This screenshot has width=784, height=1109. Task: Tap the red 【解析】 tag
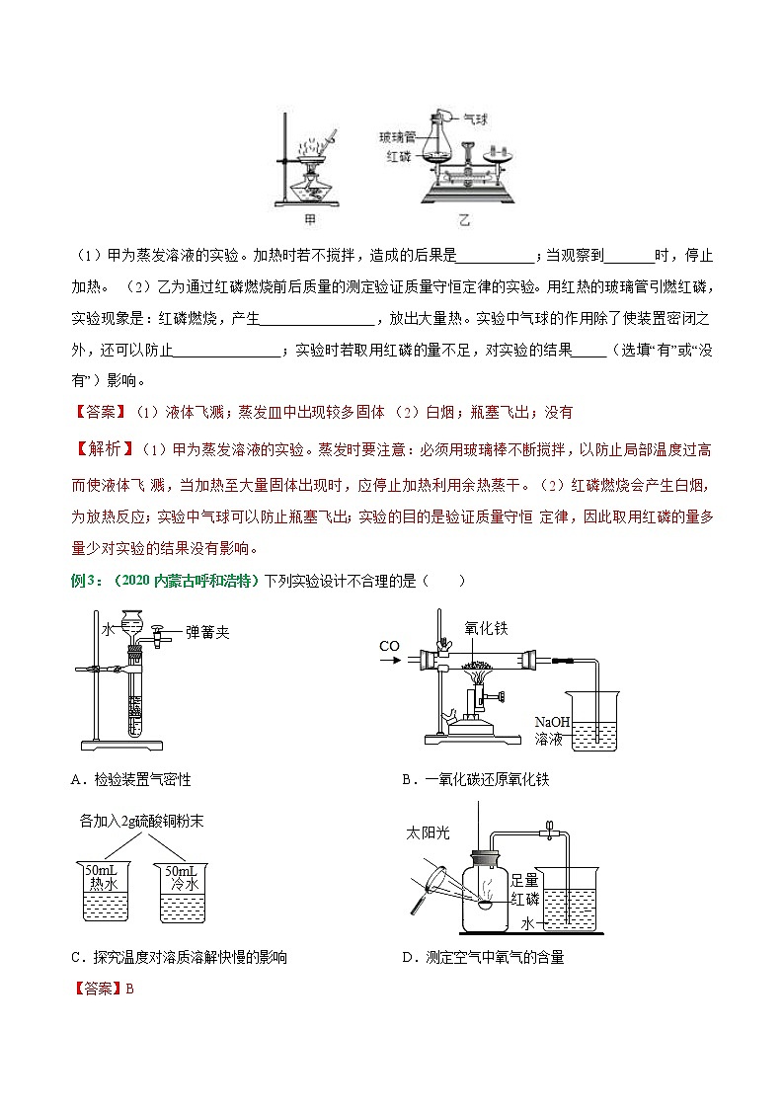pos(104,450)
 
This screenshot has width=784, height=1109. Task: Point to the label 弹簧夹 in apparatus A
pos(207,633)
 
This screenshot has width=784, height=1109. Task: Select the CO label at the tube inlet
pos(389,647)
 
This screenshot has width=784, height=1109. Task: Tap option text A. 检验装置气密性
pos(130,779)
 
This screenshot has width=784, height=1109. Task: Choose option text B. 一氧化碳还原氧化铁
pos(475,779)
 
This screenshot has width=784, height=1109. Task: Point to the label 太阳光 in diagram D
pos(428,832)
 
